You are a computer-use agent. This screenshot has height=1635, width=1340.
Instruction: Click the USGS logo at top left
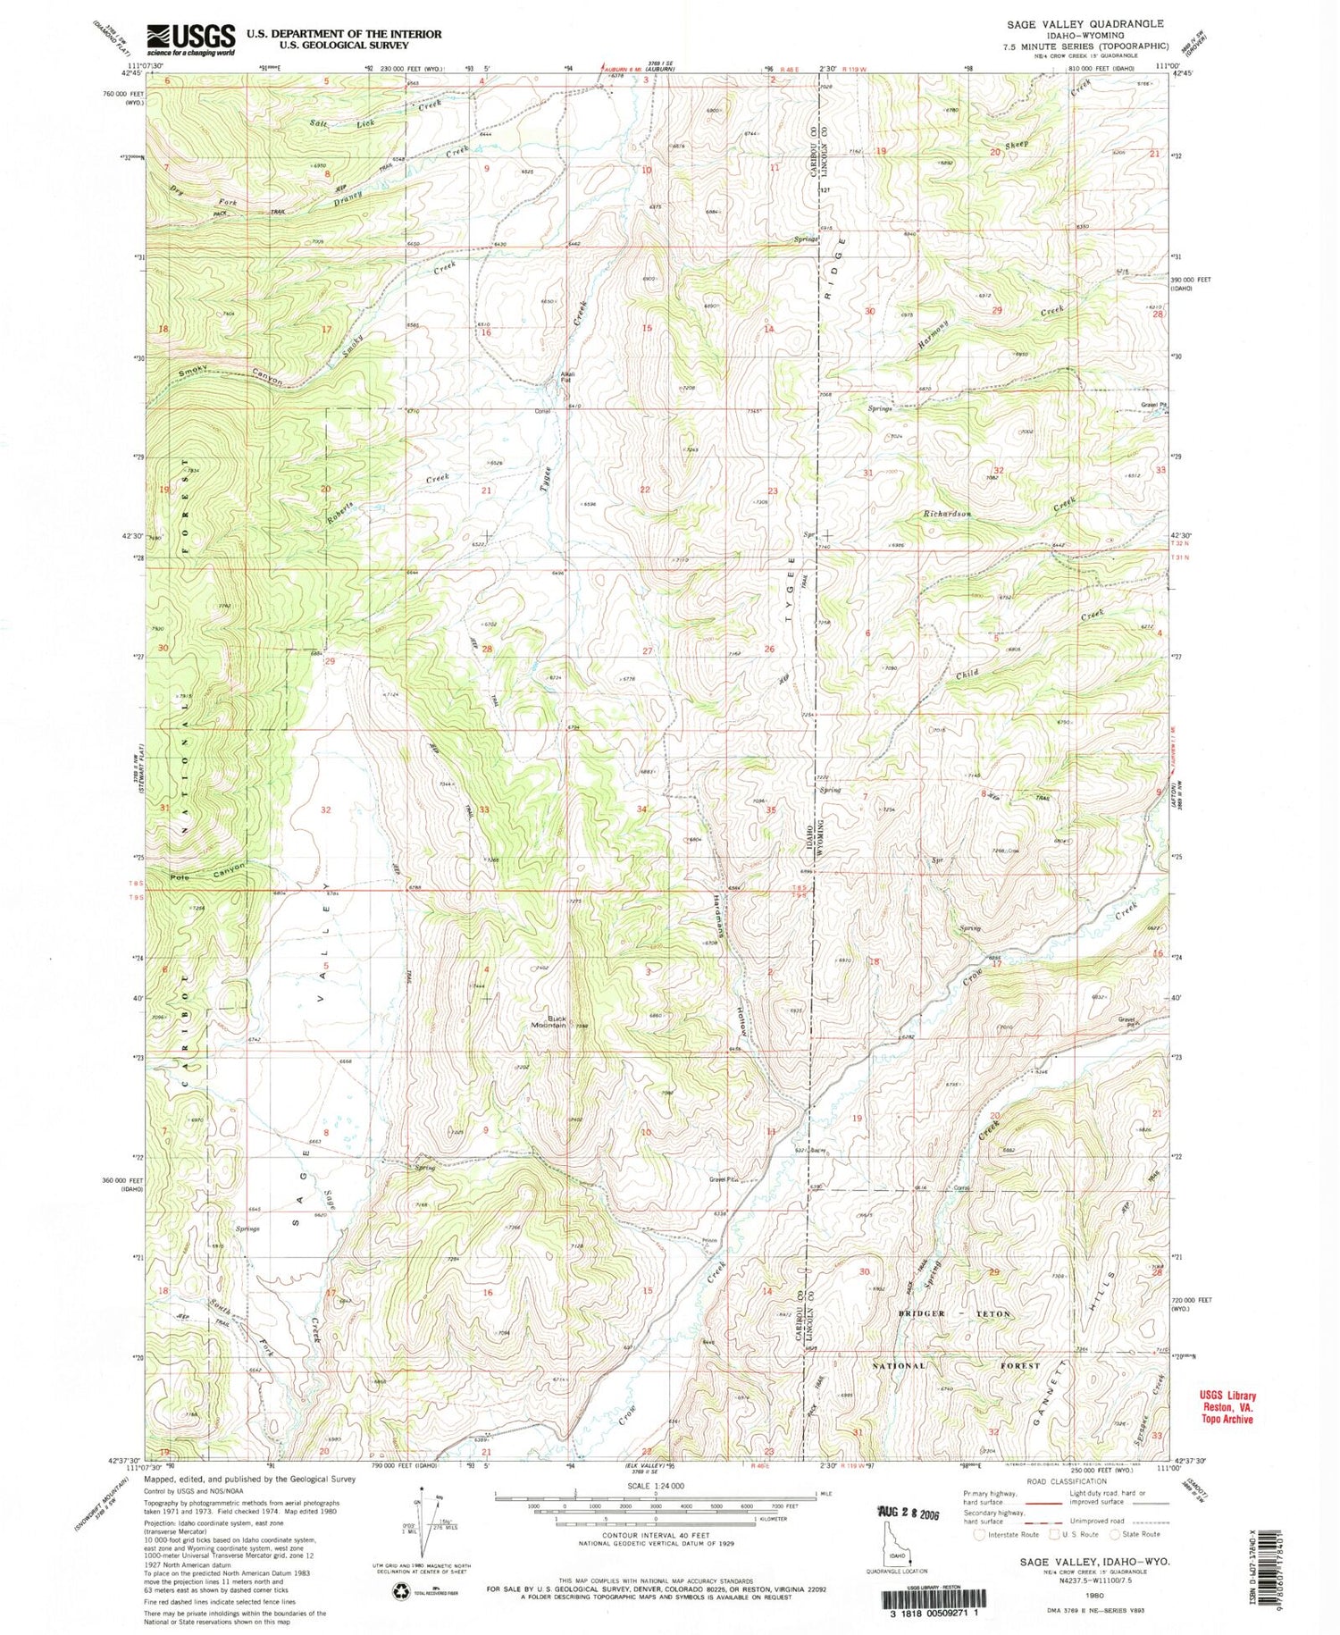click(x=189, y=38)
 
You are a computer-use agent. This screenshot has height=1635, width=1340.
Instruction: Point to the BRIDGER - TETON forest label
click(x=955, y=1313)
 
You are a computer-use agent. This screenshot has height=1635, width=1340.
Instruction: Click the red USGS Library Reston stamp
click(x=1227, y=1407)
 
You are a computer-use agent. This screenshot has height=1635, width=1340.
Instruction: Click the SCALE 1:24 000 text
click(x=655, y=1485)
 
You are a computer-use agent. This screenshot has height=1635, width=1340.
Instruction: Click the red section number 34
click(x=641, y=809)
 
